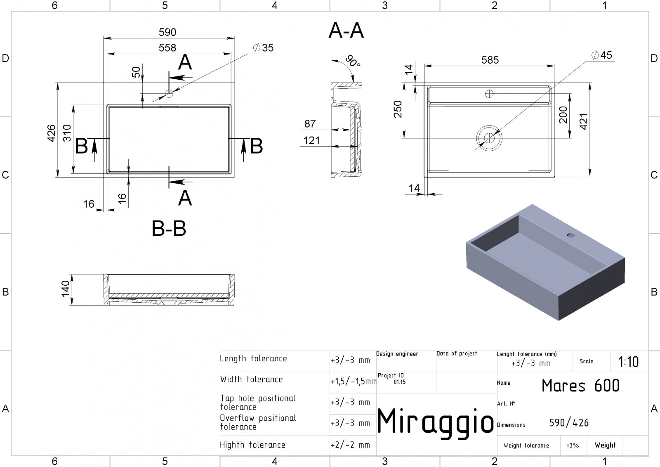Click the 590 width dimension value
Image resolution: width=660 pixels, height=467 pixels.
pos(167,32)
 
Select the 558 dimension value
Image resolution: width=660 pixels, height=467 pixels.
pos(167,48)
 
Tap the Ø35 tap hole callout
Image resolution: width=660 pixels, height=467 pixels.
pos(263,48)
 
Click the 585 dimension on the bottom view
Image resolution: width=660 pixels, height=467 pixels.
pos(490,60)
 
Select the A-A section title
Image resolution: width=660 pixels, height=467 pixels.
pos(346,31)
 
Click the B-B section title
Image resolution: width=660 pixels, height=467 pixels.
pos(169,228)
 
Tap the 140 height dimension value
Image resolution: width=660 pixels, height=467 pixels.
pos(65,289)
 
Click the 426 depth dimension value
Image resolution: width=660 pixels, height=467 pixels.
pos(51,133)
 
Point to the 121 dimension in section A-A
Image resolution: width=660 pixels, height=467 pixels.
pos(311,140)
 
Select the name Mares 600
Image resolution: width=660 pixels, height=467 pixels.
pos(580,385)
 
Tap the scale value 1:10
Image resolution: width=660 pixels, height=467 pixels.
pos(629,362)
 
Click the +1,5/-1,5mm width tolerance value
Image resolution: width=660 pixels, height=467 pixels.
pos(354,381)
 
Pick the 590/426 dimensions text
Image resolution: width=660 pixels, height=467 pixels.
pos(569,423)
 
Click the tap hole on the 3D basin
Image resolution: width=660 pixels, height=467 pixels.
pos(571,235)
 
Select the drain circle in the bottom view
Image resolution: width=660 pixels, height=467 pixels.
pos(489,138)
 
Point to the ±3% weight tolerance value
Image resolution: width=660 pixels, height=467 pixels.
pos(573,446)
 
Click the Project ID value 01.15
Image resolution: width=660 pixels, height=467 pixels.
pos(400,382)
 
